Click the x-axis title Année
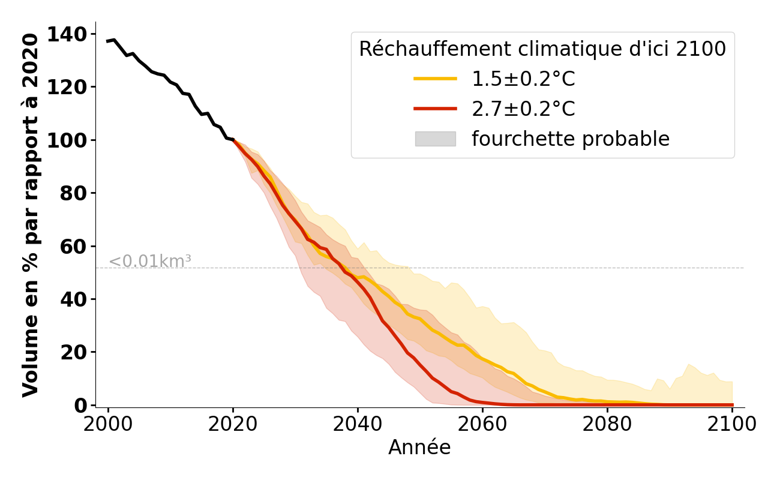click(x=419, y=448)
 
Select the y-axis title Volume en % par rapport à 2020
click(x=30, y=215)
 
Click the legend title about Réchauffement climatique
click(x=542, y=49)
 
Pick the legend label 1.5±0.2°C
click(x=523, y=79)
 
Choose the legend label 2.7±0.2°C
click(x=523, y=109)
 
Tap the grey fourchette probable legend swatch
click(x=435, y=139)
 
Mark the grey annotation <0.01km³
click(x=150, y=262)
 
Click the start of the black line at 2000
click(x=108, y=41)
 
